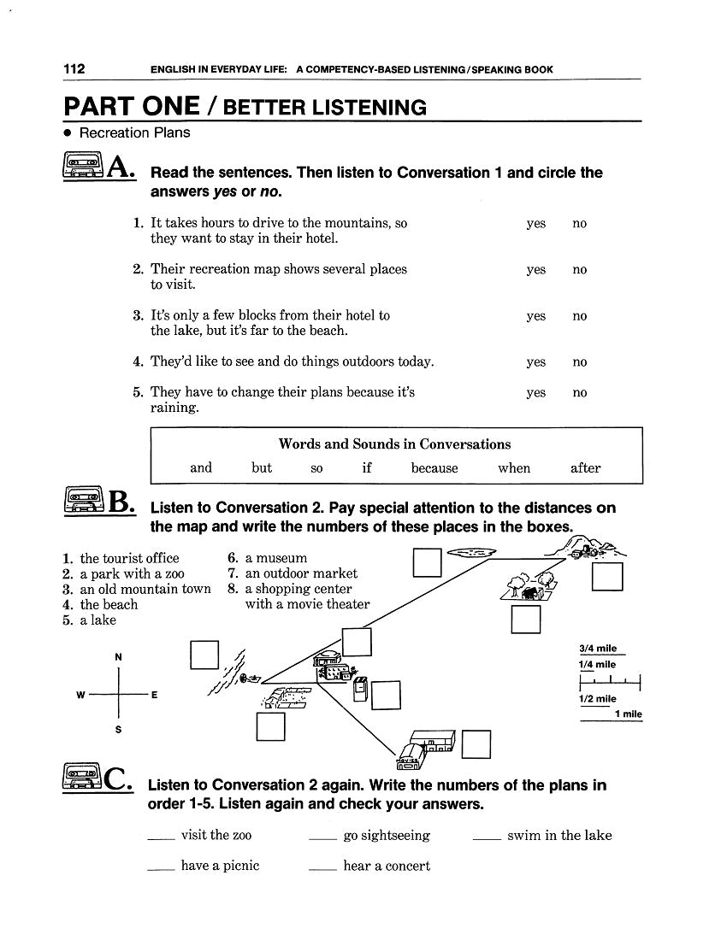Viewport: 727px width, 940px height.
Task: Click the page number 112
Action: tap(74, 69)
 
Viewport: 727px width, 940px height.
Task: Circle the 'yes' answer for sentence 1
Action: tap(536, 224)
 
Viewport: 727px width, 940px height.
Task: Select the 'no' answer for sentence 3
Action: tap(580, 316)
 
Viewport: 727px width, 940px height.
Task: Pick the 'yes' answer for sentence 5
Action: tap(536, 393)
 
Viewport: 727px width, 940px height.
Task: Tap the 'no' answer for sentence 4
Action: tap(580, 362)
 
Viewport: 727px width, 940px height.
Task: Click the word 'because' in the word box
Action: tap(434, 468)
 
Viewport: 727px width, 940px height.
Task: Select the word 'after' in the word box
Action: tap(585, 468)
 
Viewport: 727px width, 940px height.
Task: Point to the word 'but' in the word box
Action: tap(262, 468)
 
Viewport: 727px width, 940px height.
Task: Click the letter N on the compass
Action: tap(118, 656)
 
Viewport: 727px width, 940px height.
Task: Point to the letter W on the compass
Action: tap(80, 695)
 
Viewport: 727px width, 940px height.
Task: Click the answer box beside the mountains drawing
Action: tap(606, 578)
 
